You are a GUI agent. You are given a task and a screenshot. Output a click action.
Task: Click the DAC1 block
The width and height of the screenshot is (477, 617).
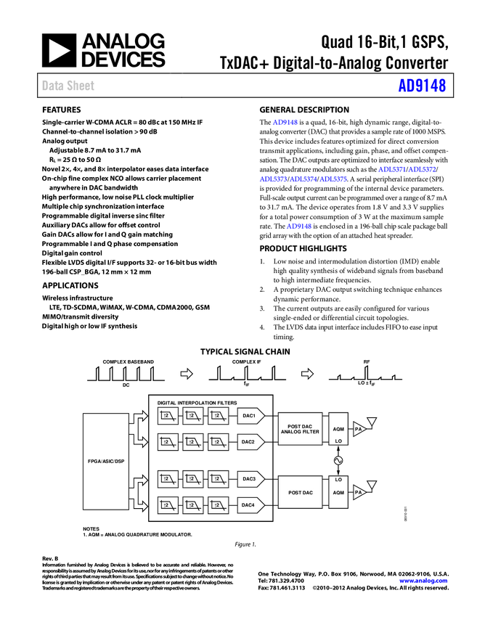coord(250,416)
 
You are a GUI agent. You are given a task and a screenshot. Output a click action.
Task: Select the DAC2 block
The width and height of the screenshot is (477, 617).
coord(250,441)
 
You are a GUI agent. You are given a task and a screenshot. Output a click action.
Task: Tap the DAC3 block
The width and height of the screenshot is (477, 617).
coord(250,479)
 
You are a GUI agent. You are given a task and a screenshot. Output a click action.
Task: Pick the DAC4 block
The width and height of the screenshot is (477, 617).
coord(250,504)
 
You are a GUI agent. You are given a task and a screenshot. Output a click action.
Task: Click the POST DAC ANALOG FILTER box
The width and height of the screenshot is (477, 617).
coord(300,429)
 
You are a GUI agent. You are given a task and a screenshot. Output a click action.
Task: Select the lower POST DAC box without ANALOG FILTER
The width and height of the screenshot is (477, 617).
coord(300,492)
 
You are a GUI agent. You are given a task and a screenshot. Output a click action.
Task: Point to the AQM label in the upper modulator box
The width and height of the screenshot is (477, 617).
coord(338,429)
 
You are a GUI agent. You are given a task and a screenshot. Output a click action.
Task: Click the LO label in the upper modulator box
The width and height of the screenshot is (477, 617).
coord(338,441)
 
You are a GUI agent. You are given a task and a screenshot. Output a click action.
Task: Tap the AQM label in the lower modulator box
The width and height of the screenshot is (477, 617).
coord(338,492)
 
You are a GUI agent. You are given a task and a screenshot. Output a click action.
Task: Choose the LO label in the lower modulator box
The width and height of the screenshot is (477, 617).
coord(338,480)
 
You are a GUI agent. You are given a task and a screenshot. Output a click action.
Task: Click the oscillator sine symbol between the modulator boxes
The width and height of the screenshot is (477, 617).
coord(338,460)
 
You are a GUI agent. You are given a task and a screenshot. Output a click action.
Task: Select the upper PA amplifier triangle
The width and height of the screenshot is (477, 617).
coord(359,429)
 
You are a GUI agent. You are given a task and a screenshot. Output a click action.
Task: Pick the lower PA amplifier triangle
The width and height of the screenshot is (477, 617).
coord(359,492)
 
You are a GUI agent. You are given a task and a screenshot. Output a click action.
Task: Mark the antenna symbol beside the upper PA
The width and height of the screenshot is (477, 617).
coord(372,421)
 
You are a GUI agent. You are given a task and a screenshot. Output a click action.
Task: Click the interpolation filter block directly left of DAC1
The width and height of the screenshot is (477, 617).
coord(218,416)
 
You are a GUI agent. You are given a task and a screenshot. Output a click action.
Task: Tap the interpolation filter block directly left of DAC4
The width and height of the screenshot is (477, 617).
coord(218,504)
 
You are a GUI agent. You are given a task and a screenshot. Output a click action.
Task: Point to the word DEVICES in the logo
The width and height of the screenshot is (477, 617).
coord(123,60)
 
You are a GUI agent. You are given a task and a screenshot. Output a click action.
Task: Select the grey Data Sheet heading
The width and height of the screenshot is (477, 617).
coord(69,86)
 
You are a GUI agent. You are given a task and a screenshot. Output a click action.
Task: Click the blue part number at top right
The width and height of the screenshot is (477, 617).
coord(421,86)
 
